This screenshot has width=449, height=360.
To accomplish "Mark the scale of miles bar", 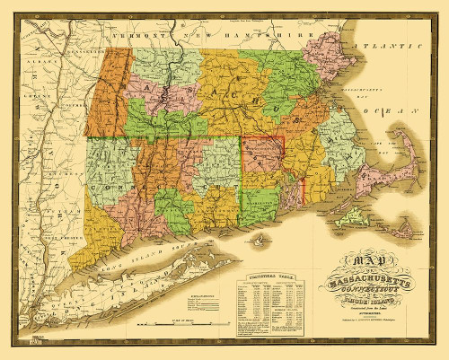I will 180,320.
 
